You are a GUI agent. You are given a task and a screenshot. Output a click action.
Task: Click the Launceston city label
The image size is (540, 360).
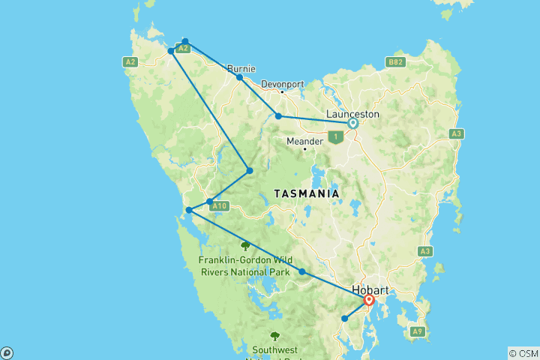[353, 114]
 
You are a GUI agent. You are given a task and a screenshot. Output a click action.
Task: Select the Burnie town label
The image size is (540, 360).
[241, 68]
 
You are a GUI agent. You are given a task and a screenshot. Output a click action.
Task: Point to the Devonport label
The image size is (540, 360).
[283, 84]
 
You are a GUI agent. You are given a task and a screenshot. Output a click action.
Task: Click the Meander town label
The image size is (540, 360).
[304, 140]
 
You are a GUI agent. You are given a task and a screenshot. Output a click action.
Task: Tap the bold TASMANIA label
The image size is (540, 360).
[307, 193]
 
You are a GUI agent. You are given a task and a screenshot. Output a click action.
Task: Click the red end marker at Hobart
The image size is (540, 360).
[369, 301]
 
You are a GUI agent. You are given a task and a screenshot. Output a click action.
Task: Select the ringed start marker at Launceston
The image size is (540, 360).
[352, 123]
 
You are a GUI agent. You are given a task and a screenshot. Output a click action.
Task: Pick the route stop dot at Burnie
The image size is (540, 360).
[239, 77]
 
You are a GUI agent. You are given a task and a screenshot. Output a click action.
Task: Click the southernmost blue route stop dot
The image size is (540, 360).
[345, 319]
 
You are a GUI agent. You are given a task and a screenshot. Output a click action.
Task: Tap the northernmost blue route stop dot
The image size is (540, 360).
[185, 41]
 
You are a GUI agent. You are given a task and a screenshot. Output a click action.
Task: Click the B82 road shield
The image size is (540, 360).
[394, 62]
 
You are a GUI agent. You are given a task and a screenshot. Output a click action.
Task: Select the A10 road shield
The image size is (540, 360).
[218, 205]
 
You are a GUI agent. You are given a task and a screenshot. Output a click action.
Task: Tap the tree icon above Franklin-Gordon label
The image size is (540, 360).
[244, 245]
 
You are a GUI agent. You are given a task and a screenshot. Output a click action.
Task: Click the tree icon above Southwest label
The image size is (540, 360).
[274, 336]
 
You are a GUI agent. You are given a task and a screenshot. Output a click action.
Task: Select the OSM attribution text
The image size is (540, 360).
[523, 353]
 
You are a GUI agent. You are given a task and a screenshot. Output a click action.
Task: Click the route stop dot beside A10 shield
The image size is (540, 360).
[209, 201]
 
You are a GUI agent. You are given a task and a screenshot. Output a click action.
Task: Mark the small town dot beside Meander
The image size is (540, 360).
[304, 148]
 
